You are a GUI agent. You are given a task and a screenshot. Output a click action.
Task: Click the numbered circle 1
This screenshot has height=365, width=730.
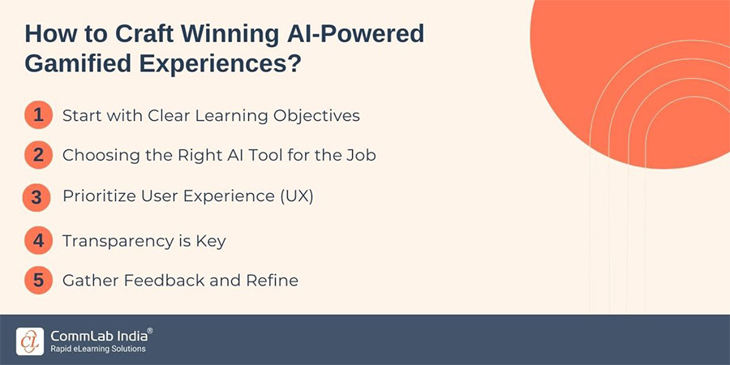37,115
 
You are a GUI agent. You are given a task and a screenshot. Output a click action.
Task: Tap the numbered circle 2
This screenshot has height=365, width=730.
37,154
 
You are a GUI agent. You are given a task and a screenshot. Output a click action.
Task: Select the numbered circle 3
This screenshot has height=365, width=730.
37,197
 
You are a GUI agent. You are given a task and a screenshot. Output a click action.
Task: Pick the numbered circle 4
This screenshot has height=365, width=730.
37,240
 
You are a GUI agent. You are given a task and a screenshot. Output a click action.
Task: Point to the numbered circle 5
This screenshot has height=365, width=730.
37,281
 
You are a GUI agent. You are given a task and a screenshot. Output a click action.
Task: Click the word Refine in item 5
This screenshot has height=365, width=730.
273,281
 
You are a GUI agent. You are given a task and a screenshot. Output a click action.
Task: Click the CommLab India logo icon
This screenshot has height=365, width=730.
30,341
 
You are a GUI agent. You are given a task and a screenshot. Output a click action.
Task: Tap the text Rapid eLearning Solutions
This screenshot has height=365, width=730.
97,349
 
